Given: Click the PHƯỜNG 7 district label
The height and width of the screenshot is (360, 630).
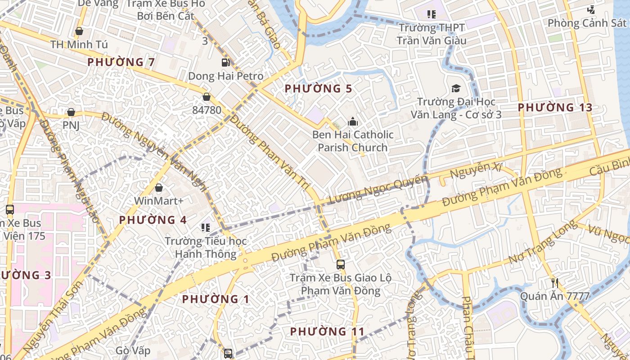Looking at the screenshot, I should coord(121,62).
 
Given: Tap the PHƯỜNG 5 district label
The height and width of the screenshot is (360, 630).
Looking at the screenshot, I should coord(318,89).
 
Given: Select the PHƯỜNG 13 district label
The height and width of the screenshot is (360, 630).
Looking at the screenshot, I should coord(554,108).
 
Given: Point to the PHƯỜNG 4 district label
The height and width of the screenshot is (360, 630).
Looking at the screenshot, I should coord(153,220).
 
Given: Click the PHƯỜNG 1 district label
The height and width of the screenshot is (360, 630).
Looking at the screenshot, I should coord(216,299).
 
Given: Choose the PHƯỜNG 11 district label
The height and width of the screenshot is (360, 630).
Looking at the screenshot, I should coord(327,332).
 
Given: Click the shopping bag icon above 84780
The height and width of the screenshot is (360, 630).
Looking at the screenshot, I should coord(207,97).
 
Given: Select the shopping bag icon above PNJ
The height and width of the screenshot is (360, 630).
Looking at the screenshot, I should coord(71,112).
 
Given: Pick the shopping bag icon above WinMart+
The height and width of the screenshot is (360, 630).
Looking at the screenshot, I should coord(158,188).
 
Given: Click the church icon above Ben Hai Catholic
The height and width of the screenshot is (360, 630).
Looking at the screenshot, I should coord(353,121).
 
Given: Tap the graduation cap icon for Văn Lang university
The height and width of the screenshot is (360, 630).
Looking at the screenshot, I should coord(456,88).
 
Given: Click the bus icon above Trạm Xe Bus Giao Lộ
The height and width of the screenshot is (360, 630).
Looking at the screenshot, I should coord(341,265).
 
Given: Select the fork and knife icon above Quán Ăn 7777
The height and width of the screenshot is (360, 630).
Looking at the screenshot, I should coord(555,283).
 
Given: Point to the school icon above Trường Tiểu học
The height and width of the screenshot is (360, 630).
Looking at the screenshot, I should coord(206,228).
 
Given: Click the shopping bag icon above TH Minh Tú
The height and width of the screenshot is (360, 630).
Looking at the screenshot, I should coord(79,31).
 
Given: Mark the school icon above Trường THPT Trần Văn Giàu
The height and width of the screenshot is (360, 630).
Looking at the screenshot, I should coord(432,14).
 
